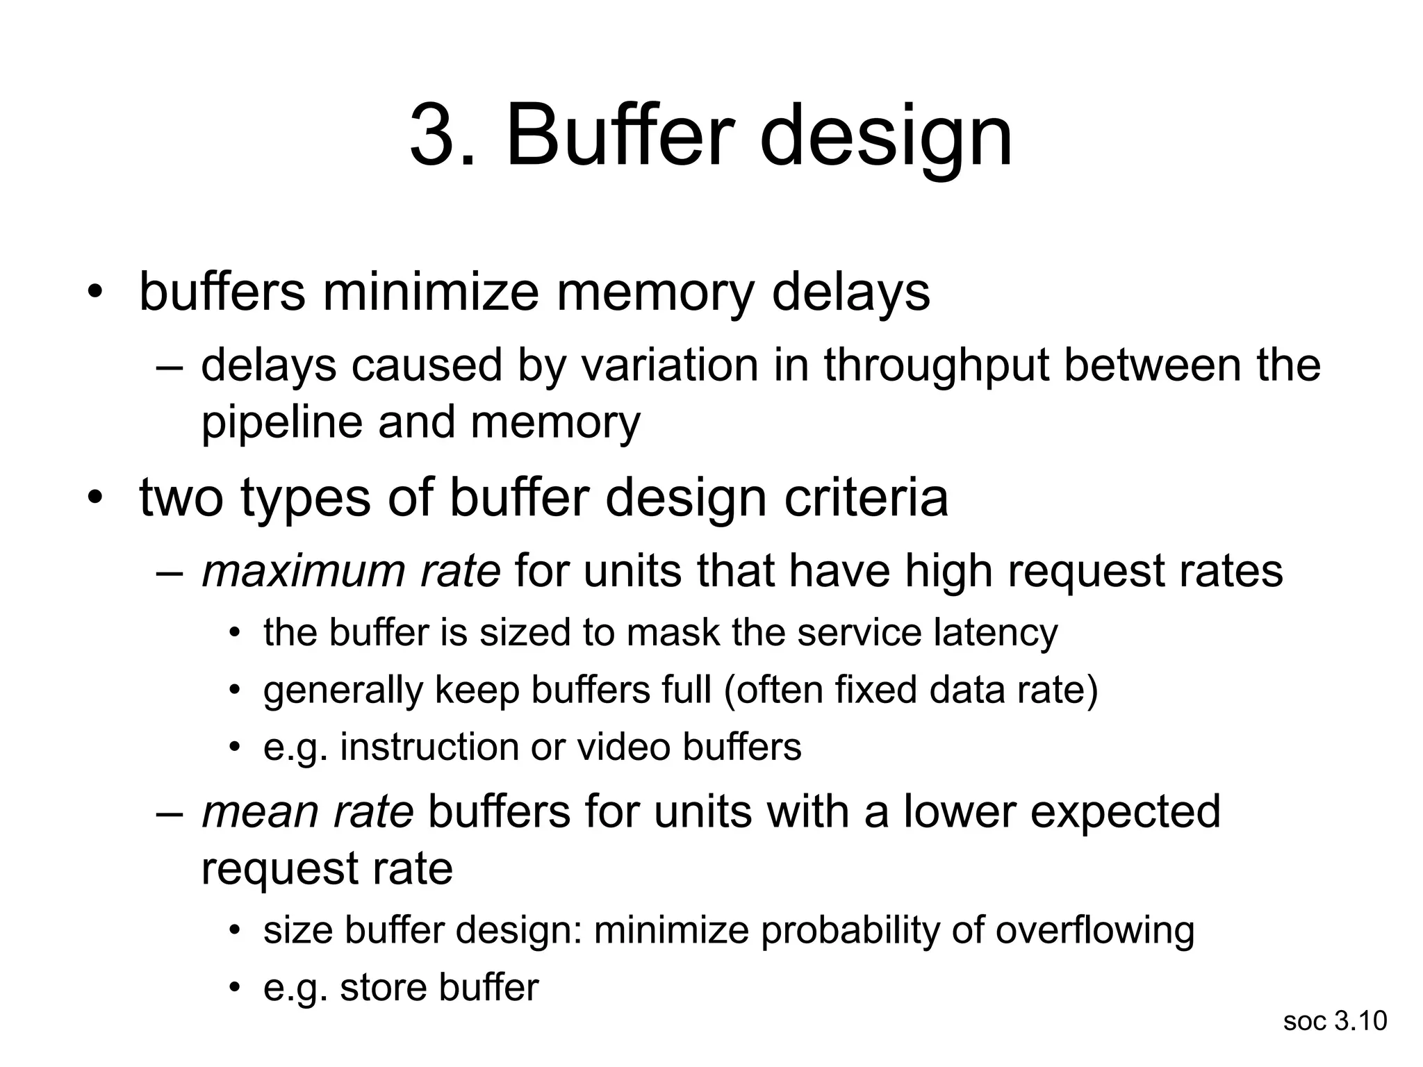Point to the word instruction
pyautogui.click(x=429, y=747)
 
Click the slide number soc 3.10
pyautogui.click(x=1335, y=1021)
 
